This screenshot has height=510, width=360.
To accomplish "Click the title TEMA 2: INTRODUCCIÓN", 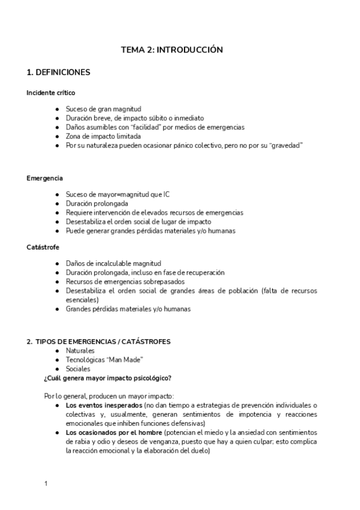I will (x=172, y=50).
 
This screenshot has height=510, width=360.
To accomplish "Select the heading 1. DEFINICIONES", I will (x=58, y=72).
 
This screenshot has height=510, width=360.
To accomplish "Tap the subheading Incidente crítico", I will (x=50, y=92).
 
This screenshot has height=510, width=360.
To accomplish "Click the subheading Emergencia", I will (x=44, y=179).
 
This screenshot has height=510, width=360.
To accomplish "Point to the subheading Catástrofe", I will (x=43, y=247).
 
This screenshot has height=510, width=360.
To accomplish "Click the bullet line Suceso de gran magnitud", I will (x=103, y=109).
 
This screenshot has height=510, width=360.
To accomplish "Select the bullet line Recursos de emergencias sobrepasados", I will (x=124, y=281).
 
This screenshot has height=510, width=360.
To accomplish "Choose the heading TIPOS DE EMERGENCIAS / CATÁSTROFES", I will (x=103, y=342).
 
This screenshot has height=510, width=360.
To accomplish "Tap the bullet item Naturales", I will (x=80, y=351).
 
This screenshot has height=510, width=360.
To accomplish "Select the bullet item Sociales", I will (x=78, y=369).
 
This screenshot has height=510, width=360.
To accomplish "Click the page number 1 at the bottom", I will (x=46, y=483).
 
